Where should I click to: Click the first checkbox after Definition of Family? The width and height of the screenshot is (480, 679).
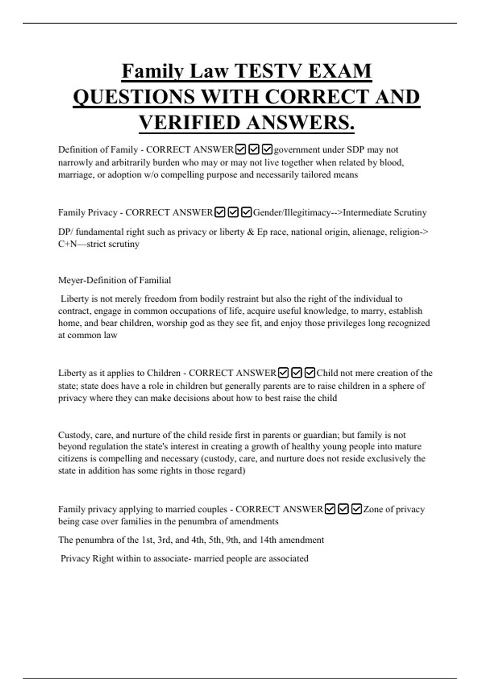point(241,150)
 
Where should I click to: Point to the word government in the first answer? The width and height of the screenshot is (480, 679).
point(297,150)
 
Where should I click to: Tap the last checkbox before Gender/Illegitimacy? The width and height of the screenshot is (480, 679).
point(247,212)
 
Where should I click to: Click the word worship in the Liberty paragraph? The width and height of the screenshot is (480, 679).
point(171,323)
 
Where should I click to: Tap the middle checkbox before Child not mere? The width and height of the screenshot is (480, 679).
point(296,373)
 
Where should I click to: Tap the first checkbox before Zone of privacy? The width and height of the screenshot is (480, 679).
point(330,509)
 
